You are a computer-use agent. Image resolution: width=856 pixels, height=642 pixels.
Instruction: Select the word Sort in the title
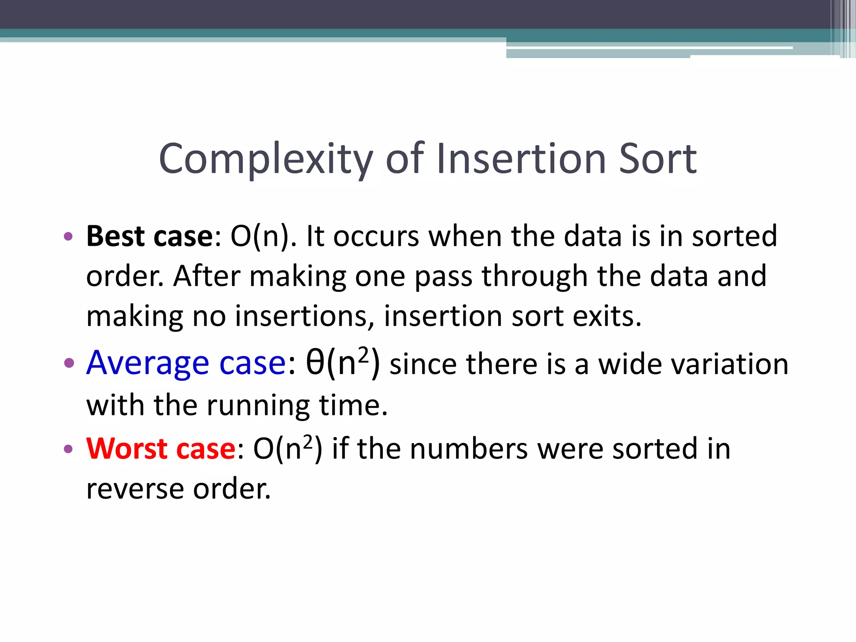coord(657,159)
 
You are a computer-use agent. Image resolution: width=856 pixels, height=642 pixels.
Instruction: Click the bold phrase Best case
coord(150,237)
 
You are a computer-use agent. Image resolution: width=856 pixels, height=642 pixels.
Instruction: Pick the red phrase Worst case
coord(161,449)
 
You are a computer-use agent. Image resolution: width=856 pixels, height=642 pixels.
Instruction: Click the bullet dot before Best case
coord(68,237)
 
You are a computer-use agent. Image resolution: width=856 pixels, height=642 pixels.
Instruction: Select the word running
coord(258,406)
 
